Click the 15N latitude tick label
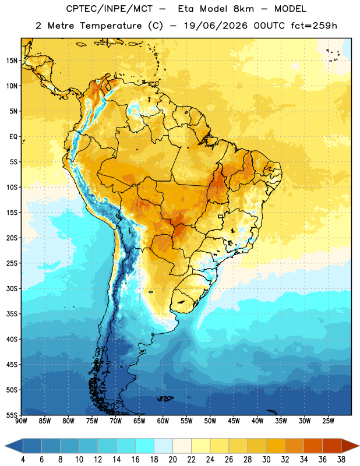point(12,61)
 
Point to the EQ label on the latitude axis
point(13,137)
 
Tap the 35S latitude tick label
point(12,314)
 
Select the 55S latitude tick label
point(12,415)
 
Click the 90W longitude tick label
point(21,421)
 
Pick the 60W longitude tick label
point(163,421)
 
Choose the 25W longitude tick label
point(328,421)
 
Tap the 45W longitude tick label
point(234,421)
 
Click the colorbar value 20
point(172,460)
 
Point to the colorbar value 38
point(341,460)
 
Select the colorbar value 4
point(23,460)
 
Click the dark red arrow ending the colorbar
point(350,446)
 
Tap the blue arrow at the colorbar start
point(14,446)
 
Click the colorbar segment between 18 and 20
point(163,446)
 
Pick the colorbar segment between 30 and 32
point(276,446)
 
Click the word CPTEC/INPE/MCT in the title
point(109,9)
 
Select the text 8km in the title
point(243,9)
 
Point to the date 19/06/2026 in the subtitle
point(216,26)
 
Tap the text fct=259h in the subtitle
point(314,26)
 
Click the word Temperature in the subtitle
point(111,26)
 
